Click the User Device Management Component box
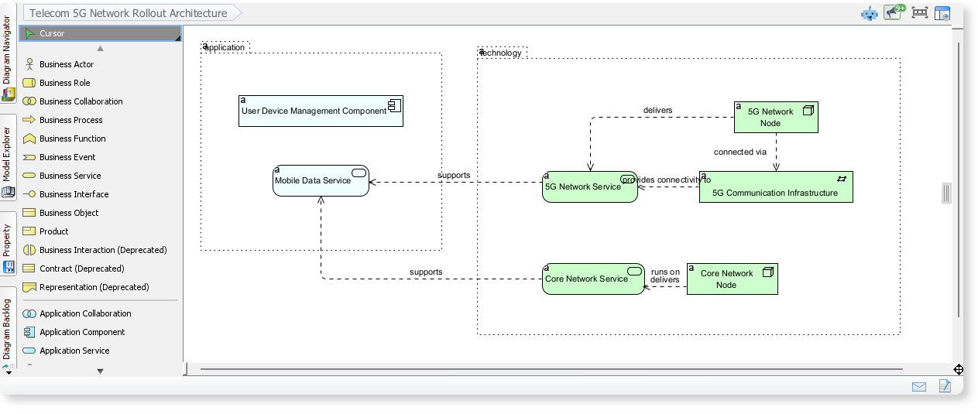click(321, 111)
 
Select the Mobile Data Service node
click(321, 180)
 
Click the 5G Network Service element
click(589, 186)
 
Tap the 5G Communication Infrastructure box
click(775, 187)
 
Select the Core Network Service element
click(592, 279)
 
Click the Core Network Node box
click(732, 279)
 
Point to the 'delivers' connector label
click(657, 110)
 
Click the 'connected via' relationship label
click(740, 152)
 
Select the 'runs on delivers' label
click(665, 275)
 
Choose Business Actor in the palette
click(67, 64)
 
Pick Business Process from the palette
click(70, 120)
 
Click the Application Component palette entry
click(81, 332)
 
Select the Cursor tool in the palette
click(52, 33)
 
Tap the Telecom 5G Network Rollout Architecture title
click(129, 13)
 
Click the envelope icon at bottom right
click(919, 386)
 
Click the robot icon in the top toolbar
click(870, 13)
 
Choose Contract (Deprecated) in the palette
click(81, 269)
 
